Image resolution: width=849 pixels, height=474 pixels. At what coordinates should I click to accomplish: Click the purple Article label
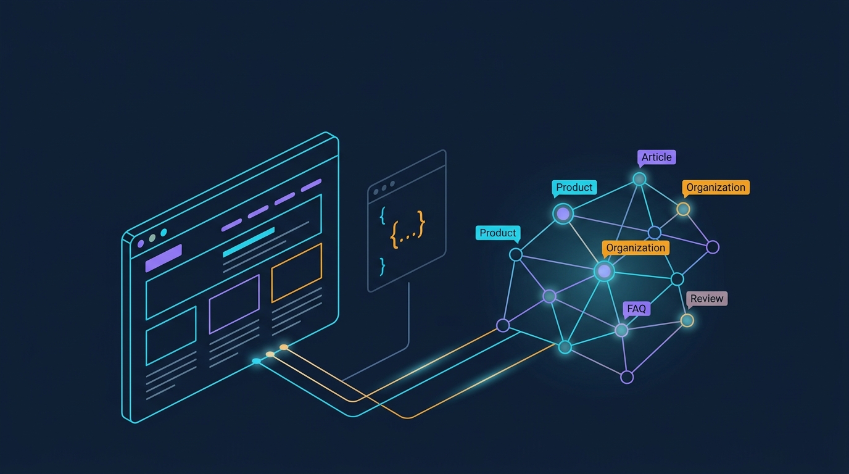[656, 157]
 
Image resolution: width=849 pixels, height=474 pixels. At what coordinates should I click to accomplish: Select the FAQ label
[636, 309]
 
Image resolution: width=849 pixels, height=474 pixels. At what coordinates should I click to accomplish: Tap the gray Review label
[707, 299]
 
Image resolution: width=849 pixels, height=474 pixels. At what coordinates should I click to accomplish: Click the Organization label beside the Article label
[716, 188]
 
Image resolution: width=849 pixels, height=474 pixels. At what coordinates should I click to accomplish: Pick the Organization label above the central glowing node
[636, 248]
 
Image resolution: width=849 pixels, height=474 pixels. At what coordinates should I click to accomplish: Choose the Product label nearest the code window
[498, 233]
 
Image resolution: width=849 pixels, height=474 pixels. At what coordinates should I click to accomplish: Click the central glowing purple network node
[604, 271]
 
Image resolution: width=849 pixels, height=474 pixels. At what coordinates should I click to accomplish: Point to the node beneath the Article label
[639, 179]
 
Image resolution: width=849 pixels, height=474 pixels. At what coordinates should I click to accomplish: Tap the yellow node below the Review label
[687, 321]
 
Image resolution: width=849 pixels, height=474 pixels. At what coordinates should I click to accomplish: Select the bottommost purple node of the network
[627, 377]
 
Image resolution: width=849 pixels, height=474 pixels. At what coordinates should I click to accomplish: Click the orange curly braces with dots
[408, 230]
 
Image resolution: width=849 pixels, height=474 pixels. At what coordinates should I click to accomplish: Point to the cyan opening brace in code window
[383, 215]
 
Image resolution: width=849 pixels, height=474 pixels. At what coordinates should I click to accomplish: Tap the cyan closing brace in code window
[382, 267]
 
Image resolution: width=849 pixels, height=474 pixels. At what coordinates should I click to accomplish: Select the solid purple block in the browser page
[164, 258]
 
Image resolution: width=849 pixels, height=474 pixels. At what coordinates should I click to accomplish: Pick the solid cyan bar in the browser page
[249, 242]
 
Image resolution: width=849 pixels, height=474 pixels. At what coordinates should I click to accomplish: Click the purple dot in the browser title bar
[141, 244]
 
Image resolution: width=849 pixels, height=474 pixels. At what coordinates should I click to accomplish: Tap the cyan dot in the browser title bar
[164, 233]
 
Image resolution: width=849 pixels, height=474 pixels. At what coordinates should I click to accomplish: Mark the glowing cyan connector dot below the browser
[257, 361]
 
